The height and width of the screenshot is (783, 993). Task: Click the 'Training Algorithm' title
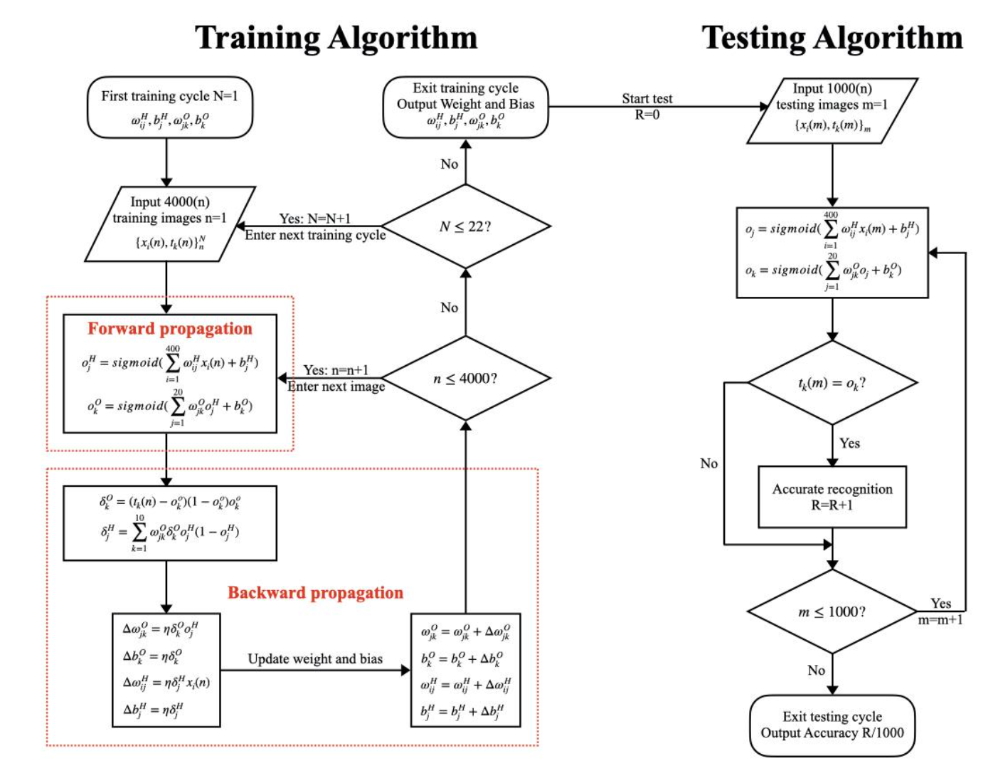[336, 38]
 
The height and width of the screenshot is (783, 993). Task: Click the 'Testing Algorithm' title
[832, 38]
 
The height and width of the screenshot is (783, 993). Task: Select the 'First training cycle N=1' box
[169, 107]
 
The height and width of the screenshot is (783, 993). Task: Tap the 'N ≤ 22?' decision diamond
[465, 226]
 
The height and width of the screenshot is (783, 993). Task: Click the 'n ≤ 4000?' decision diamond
[465, 379]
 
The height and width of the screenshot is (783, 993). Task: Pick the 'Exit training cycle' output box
[465, 107]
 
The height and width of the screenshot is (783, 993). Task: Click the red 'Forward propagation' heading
[169, 329]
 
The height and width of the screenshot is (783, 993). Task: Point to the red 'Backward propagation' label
[315, 593]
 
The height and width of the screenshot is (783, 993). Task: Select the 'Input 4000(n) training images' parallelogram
[169, 223]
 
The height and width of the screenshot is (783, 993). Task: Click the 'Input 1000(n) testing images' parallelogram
[832, 110]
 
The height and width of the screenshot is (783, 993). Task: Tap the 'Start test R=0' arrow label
[647, 106]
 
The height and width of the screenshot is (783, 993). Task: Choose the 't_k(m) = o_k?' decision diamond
[832, 383]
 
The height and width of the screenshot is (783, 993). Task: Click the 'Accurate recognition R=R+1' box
[832, 497]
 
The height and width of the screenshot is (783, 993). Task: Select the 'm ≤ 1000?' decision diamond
[832, 612]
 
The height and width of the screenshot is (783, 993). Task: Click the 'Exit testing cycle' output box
[832, 725]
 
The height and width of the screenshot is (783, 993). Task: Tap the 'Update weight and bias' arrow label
[315, 659]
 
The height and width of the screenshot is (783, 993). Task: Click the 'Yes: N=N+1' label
[314, 219]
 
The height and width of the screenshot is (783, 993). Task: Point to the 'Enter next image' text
[336, 387]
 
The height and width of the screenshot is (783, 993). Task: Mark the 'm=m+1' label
[940, 620]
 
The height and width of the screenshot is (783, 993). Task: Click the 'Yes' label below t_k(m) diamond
[849, 443]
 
